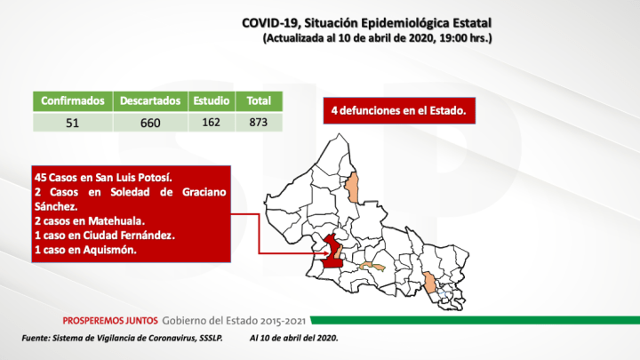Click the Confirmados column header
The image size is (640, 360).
pos(74,100)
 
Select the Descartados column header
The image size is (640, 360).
pos(150,100)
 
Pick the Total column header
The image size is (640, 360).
pos(260,100)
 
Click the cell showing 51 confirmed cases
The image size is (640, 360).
pos(74,122)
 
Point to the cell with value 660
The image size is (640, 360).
pos(150,122)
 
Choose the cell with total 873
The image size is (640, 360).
pos(260,122)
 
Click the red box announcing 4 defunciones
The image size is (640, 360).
pos(396,112)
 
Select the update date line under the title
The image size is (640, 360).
pos(378,39)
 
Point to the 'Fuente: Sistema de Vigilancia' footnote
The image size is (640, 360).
pos(122,340)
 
